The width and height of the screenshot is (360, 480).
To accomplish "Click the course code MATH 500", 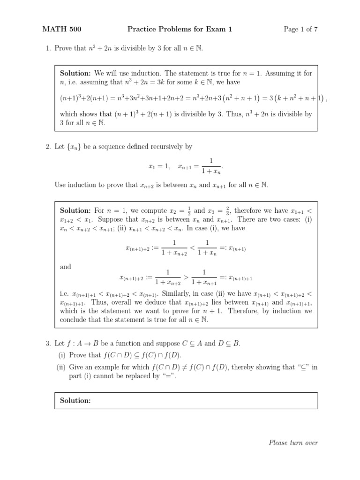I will [x=62, y=30].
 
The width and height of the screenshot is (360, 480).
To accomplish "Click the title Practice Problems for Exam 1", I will [x=180, y=30].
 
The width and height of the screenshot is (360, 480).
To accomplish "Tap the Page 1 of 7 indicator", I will [x=300, y=30].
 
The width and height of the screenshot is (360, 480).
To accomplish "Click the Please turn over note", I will [x=293, y=442].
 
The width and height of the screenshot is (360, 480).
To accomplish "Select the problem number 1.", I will [x=47, y=48].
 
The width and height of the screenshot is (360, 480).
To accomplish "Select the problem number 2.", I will [x=47, y=147].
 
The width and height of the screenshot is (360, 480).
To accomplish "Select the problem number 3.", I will [x=47, y=343].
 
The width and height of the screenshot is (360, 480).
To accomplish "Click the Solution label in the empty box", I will [x=75, y=400].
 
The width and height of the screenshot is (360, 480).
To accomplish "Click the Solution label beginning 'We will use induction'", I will [x=75, y=73].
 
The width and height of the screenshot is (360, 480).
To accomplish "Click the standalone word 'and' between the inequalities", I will [x=66, y=267].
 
